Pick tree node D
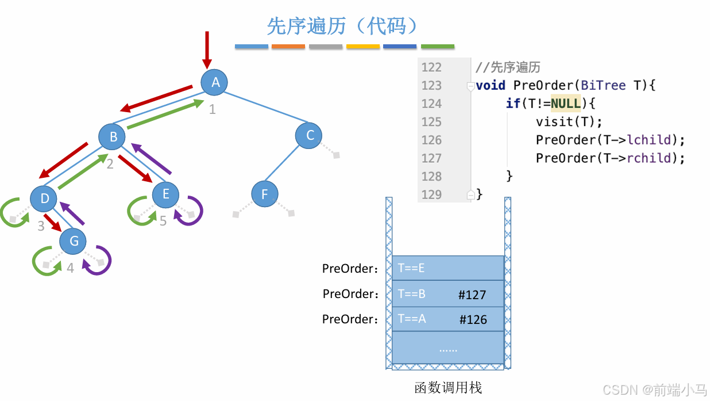pyautogui.click(x=44, y=199)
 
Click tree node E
pyautogui.click(x=165, y=194)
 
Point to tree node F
pyautogui.click(x=265, y=194)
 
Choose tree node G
pyautogui.click(x=74, y=241)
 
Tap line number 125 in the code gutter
pyautogui.click(x=431, y=122)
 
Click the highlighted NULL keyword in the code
pyautogui.click(x=566, y=104)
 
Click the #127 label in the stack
pyautogui.click(x=472, y=295)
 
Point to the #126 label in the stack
pyautogui.click(x=473, y=320)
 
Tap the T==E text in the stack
pyautogui.click(x=411, y=268)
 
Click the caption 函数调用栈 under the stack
pyautogui.click(x=448, y=388)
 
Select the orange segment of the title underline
pyautogui.click(x=288, y=46)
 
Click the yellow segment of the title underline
pyautogui.click(x=363, y=46)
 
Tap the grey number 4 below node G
pyautogui.click(x=70, y=269)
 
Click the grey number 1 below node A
pyautogui.click(x=212, y=109)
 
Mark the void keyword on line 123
pyautogui.click(x=491, y=86)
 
